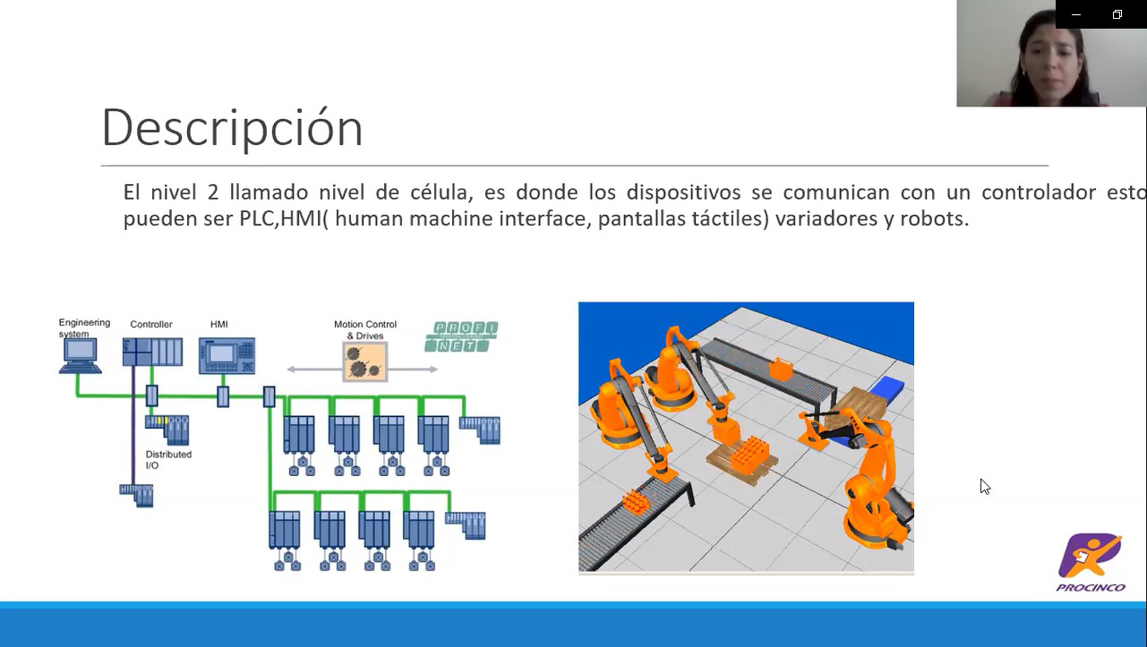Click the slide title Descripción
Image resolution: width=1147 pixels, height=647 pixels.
(x=232, y=128)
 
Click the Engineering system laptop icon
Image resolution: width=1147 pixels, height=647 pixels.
(x=79, y=353)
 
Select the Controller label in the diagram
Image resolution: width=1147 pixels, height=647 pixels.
(x=151, y=325)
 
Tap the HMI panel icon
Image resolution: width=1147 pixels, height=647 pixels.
(x=227, y=354)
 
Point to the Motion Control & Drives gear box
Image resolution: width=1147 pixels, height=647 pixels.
(x=365, y=362)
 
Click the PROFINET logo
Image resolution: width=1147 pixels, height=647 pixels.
(x=461, y=337)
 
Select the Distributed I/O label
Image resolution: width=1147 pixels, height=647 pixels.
(x=168, y=460)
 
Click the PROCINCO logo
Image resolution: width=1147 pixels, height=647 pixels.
(x=1091, y=562)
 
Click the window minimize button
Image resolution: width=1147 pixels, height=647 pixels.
(x=1076, y=14)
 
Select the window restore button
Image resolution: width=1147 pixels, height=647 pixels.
(x=1117, y=14)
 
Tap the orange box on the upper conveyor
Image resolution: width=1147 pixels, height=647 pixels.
(x=781, y=368)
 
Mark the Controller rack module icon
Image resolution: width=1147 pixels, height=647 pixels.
(x=152, y=352)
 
